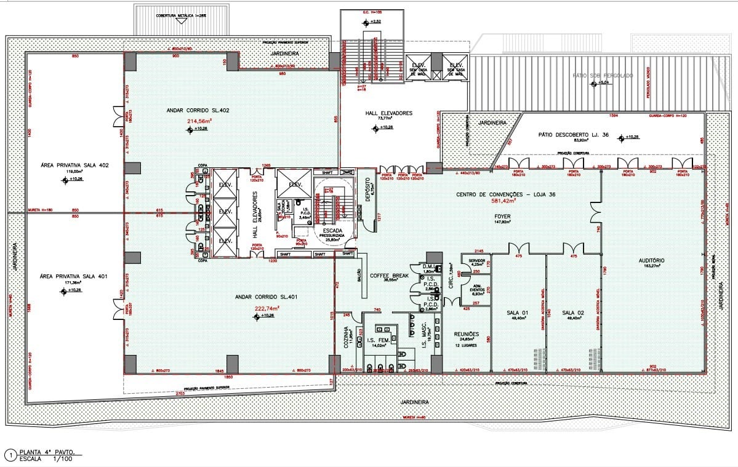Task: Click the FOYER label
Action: coord(502,217)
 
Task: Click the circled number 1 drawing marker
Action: coord(10,455)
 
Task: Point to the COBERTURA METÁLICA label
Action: coord(182,15)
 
